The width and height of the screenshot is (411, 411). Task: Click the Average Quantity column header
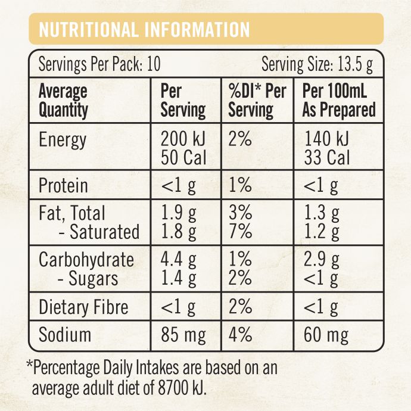click(x=64, y=101)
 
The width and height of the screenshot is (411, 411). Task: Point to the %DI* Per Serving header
click(x=257, y=101)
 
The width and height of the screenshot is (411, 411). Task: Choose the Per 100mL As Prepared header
click(x=339, y=101)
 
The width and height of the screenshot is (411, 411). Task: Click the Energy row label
click(x=63, y=141)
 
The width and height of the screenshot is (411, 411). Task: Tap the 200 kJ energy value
click(x=183, y=140)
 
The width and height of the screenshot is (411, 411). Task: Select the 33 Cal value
click(x=326, y=158)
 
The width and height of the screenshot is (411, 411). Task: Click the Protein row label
click(x=63, y=186)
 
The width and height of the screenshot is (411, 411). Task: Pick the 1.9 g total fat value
click(x=179, y=213)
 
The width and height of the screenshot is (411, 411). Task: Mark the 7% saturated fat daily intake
click(x=240, y=232)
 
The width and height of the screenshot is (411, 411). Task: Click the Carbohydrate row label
click(x=86, y=260)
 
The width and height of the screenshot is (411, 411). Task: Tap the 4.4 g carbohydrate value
click(x=179, y=260)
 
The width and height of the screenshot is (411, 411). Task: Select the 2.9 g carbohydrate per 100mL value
click(x=322, y=260)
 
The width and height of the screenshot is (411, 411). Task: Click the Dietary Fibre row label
click(x=83, y=307)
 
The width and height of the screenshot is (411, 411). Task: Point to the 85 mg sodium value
click(x=183, y=335)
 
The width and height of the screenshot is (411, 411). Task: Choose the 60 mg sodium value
click(x=326, y=335)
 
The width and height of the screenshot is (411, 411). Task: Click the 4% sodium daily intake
click(x=241, y=335)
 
